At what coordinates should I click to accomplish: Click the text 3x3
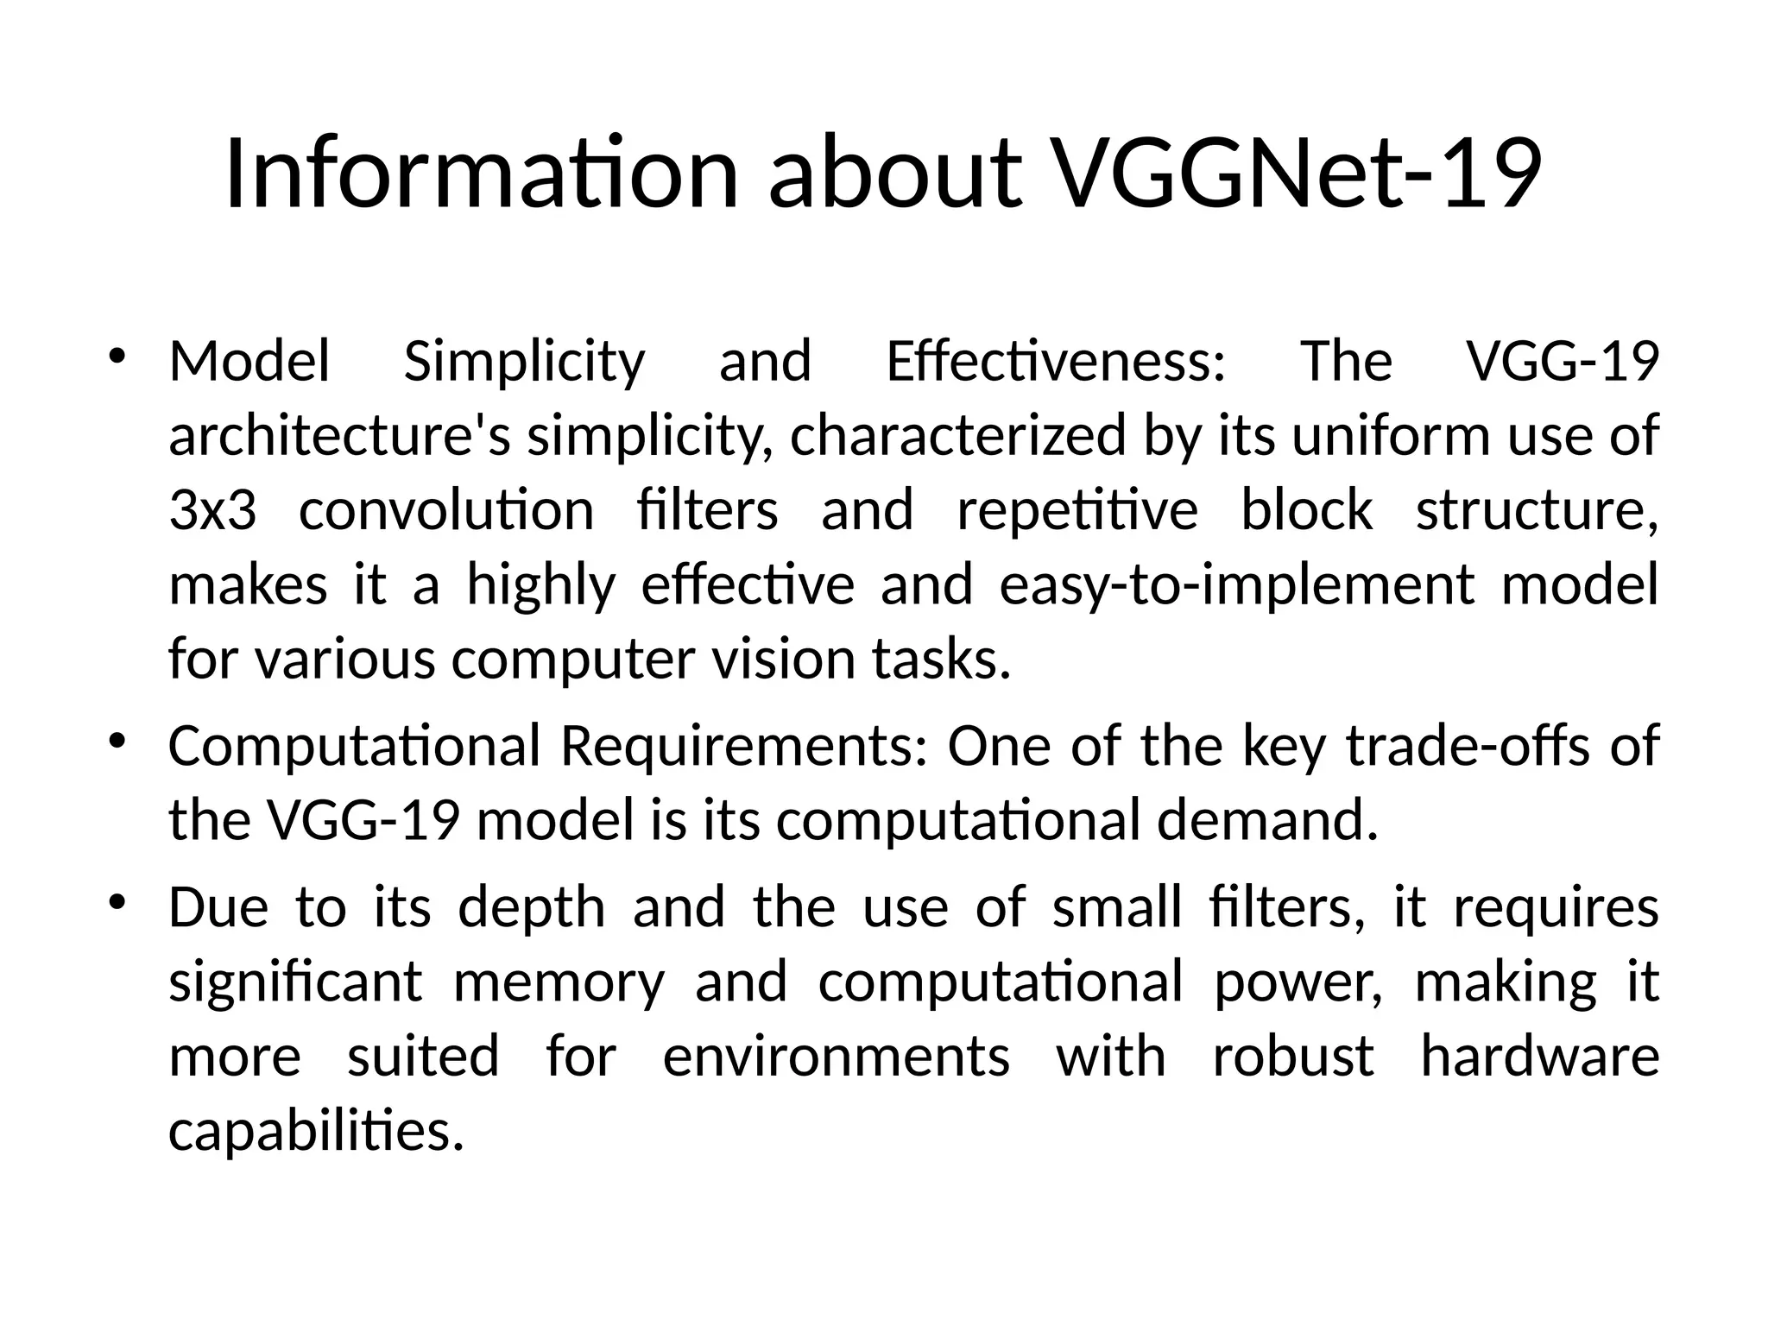(x=212, y=509)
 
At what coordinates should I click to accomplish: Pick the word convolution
(x=446, y=509)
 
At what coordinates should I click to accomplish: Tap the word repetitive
(x=1077, y=509)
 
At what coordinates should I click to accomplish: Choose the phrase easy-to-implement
(x=1236, y=584)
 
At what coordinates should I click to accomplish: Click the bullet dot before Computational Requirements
(x=117, y=742)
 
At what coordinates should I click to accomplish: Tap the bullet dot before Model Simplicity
(x=117, y=357)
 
